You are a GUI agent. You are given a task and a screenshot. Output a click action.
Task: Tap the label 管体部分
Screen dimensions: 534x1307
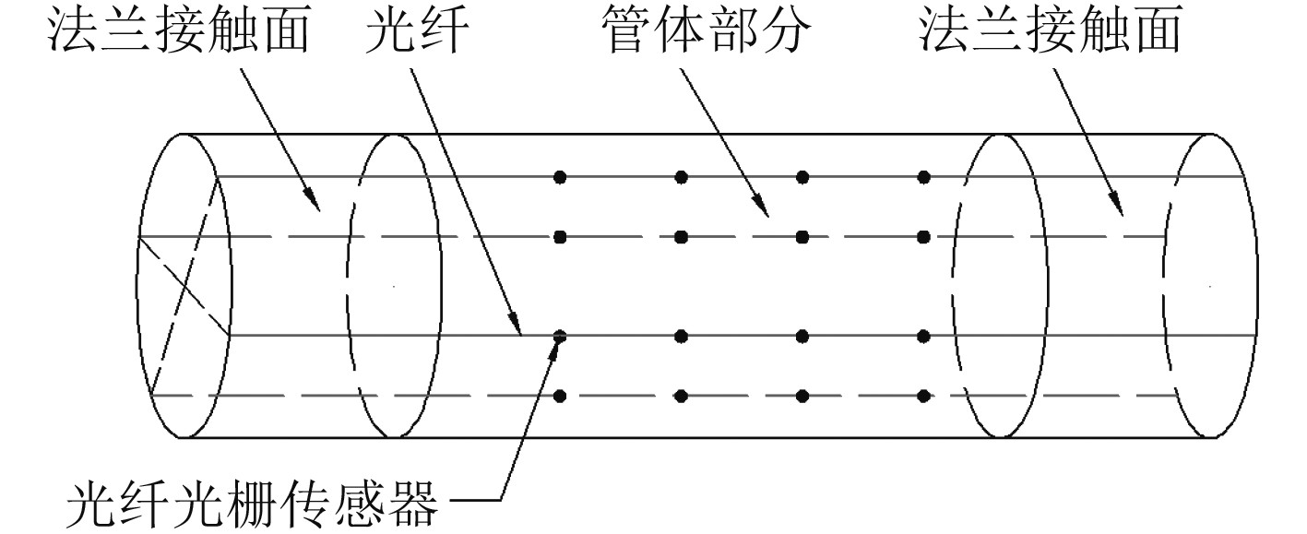(x=702, y=34)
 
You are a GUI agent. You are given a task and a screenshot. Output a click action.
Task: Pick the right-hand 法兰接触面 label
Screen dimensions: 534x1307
(x=1050, y=34)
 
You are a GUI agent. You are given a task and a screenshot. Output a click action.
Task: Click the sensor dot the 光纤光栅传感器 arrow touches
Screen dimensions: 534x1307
(x=559, y=337)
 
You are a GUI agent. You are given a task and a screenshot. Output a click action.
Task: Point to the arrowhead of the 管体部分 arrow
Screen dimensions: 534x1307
(x=765, y=213)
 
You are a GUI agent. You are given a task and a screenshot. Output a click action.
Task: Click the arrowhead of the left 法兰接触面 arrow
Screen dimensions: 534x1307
(x=316, y=208)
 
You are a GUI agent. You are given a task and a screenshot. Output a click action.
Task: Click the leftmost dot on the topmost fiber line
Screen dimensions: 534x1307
(x=559, y=176)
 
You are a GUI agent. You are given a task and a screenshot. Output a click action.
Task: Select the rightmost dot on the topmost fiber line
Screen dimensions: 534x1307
(x=924, y=176)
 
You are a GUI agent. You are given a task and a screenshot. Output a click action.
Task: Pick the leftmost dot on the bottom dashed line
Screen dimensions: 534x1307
(x=559, y=397)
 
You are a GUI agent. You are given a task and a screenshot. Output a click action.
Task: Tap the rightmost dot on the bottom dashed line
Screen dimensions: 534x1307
(x=924, y=397)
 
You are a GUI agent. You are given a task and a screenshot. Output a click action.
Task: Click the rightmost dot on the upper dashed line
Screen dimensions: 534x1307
(x=924, y=237)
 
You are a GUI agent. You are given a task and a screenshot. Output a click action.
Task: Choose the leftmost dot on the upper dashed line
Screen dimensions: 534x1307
(x=559, y=237)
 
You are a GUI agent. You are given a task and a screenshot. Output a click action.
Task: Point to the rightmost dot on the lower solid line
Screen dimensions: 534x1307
(x=924, y=336)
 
